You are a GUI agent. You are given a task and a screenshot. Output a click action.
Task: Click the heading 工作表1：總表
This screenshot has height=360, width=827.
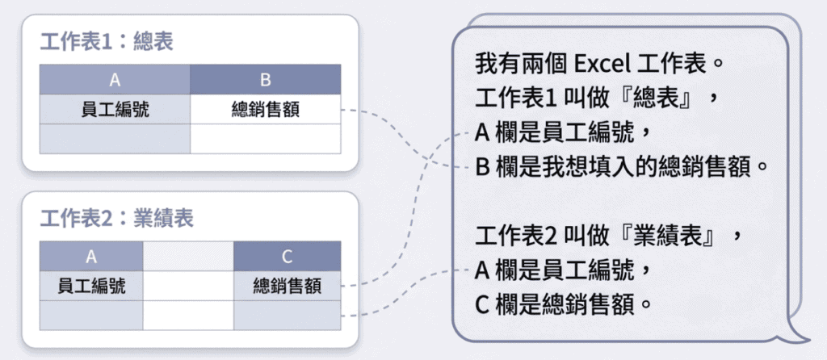107,43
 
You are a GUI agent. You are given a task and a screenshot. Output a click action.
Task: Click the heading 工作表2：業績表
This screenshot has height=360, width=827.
117,218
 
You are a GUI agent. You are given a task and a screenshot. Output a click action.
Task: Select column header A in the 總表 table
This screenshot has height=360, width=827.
115,80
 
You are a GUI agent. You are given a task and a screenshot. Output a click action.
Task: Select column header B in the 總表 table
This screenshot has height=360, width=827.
265,80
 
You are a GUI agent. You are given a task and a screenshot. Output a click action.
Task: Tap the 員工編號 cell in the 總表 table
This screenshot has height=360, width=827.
115,109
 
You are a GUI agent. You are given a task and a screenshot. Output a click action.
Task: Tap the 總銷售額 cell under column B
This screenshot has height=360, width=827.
265,109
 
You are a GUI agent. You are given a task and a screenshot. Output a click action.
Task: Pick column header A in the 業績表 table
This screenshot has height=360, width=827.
91,256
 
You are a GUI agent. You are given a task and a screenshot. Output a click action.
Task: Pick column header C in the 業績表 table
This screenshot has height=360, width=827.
287,256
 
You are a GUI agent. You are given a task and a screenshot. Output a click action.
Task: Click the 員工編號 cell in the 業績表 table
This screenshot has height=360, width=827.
91,286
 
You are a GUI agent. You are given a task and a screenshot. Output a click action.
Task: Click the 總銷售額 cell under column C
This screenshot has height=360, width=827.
287,286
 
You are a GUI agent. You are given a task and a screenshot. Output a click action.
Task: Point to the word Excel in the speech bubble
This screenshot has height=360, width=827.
602,65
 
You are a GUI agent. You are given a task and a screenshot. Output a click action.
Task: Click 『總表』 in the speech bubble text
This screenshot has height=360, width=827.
654,98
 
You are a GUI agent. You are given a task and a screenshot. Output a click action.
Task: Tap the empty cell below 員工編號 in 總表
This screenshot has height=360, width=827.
115,139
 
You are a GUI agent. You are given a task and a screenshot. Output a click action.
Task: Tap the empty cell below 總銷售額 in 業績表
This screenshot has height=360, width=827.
287,315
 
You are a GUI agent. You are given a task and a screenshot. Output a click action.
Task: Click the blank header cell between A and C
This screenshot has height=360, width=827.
188,256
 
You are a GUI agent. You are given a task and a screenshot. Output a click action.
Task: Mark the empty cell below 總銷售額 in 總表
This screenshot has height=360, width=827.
265,139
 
